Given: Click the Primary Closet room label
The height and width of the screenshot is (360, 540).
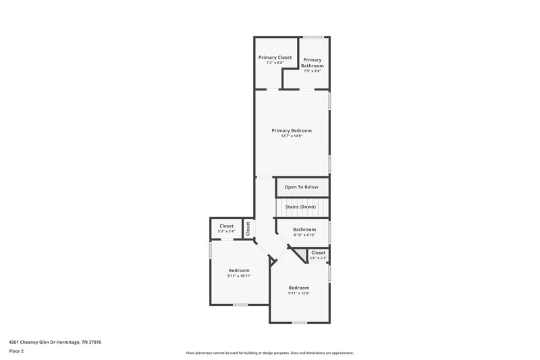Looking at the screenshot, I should (275, 57).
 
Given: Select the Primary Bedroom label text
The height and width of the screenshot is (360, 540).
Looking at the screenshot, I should (292, 130).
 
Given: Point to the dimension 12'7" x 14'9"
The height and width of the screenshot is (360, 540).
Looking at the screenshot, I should (292, 136).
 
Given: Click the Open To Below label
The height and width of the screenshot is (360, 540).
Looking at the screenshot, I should (302, 187).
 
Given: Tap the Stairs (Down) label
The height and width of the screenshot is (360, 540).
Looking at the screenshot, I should (300, 206).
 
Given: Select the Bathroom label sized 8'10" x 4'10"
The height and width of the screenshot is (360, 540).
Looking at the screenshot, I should (304, 230).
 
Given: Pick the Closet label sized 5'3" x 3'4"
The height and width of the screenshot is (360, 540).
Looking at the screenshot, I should (226, 226).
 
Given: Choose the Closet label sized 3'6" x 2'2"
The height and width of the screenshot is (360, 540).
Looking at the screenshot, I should (318, 253).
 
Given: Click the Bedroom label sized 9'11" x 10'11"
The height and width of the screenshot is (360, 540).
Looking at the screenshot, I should (239, 270).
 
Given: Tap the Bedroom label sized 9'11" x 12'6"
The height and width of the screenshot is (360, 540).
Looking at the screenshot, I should (298, 287).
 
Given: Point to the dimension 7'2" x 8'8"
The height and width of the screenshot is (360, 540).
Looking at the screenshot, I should (275, 63).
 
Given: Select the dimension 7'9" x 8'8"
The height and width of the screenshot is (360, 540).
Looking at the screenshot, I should (312, 72).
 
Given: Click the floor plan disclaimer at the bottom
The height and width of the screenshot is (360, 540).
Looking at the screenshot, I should (269, 353).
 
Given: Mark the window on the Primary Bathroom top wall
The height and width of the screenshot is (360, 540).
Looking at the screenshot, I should (312, 36).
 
